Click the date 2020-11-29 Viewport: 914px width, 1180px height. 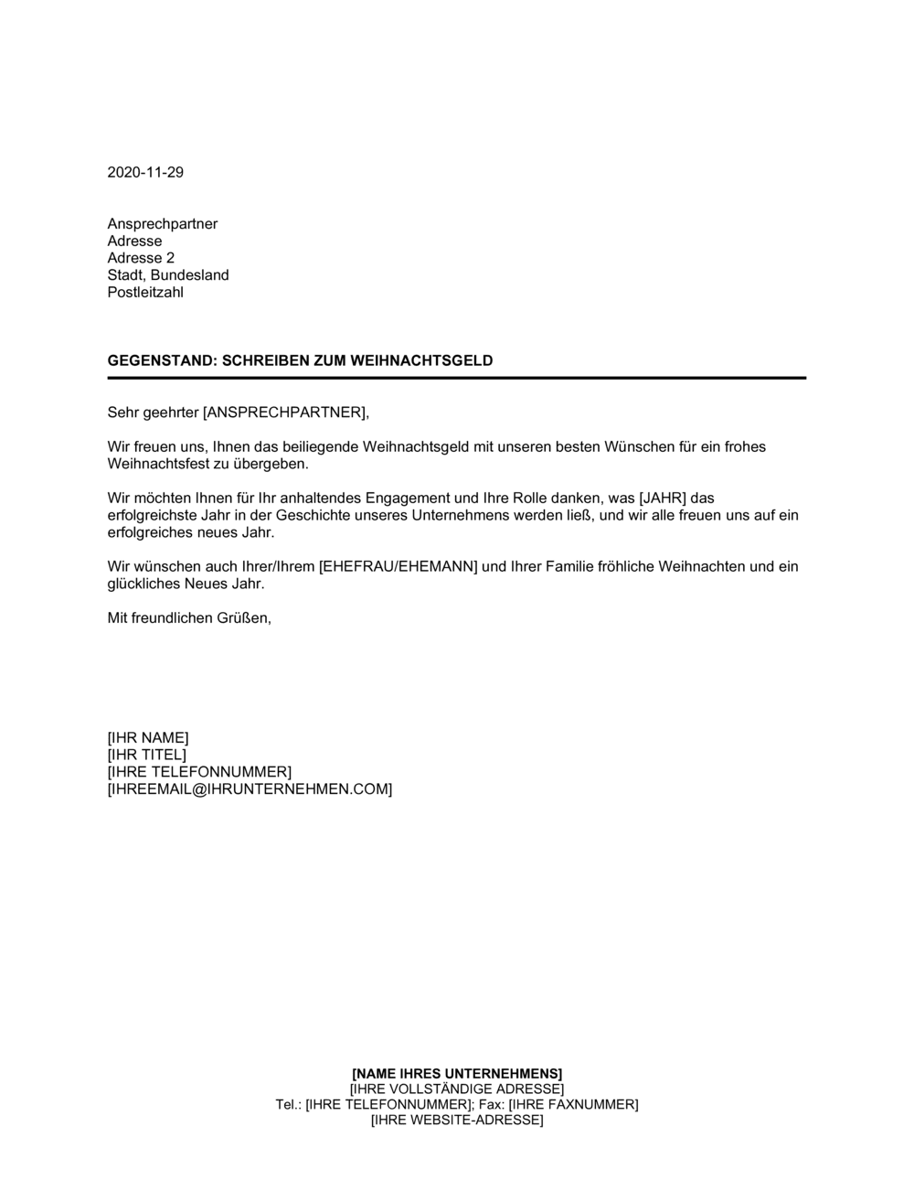[x=145, y=172]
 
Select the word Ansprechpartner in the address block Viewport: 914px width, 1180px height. [x=163, y=224]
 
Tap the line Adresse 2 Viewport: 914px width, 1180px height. [x=141, y=258]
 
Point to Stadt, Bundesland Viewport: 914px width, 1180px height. [x=168, y=275]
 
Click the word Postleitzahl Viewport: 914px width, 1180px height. [x=145, y=293]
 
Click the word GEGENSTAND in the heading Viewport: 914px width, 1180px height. [x=159, y=360]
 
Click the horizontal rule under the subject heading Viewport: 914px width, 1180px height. [x=457, y=378]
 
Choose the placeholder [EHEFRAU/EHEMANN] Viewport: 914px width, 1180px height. [x=398, y=567]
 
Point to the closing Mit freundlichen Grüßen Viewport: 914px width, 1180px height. [x=190, y=618]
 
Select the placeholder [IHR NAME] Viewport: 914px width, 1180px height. [x=148, y=738]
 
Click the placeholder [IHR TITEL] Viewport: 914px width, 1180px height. [x=146, y=755]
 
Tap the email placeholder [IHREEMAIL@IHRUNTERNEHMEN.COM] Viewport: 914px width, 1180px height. [x=250, y=789]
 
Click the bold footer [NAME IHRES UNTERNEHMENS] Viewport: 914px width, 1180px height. [x=457, y=1073]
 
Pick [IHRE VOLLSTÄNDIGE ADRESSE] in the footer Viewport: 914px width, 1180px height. [x=457, y=1089]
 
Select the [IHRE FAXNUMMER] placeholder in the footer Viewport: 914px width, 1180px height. [x=573, y=1104]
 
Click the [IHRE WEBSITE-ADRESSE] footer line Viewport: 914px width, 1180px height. [x=457, y=1120]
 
